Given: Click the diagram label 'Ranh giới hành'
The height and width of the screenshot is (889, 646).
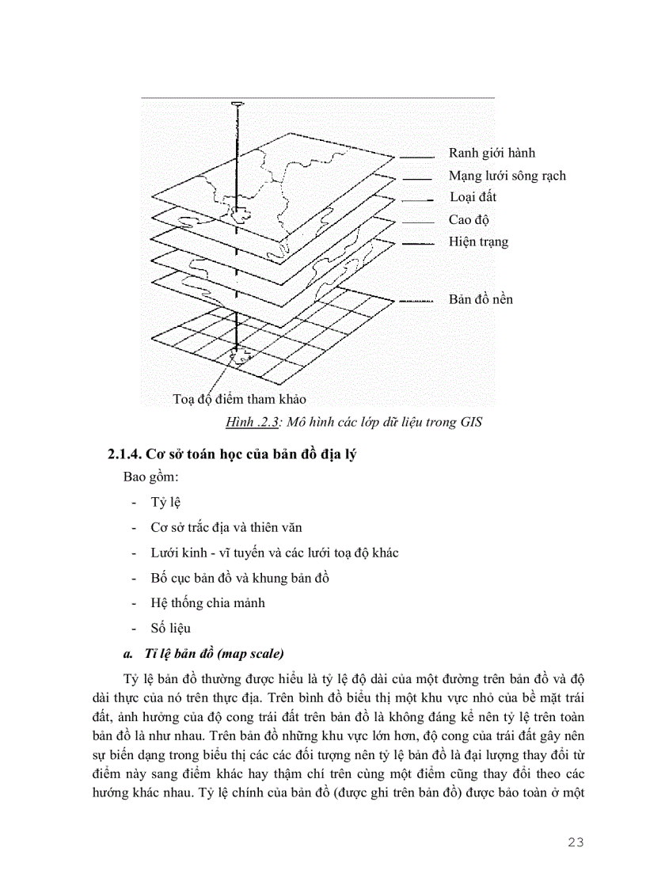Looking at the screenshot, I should pos(496,153).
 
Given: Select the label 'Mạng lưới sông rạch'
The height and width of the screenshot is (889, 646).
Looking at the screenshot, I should pos(507,176).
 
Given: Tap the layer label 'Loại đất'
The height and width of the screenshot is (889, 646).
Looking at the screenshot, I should pos(473,197).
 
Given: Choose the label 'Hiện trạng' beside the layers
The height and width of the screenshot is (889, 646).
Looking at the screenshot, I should pos(478,241).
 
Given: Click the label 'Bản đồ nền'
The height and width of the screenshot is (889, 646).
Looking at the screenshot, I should pos(481,299).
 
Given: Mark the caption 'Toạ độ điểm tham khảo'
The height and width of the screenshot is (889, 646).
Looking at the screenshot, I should pos(239,399).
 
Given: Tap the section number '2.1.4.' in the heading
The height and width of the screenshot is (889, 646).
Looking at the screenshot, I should pos(125,454).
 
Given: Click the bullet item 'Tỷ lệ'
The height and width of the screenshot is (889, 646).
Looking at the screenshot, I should pos(165,503).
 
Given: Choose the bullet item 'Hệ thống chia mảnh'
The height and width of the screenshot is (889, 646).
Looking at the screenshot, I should pos(207,602).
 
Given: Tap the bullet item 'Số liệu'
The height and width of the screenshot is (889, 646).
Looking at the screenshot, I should pos(169,629).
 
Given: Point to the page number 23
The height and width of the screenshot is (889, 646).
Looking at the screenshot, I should pos(576,842).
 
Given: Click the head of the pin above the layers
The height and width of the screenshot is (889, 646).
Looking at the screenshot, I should pos(236,104).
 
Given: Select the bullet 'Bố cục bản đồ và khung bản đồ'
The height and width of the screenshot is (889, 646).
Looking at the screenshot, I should pos(240,577).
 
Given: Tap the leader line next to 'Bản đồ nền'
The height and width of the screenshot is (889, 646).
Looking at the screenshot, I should pos(416,301).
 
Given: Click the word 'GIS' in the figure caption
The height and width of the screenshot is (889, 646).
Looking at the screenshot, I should pos(469,422).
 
